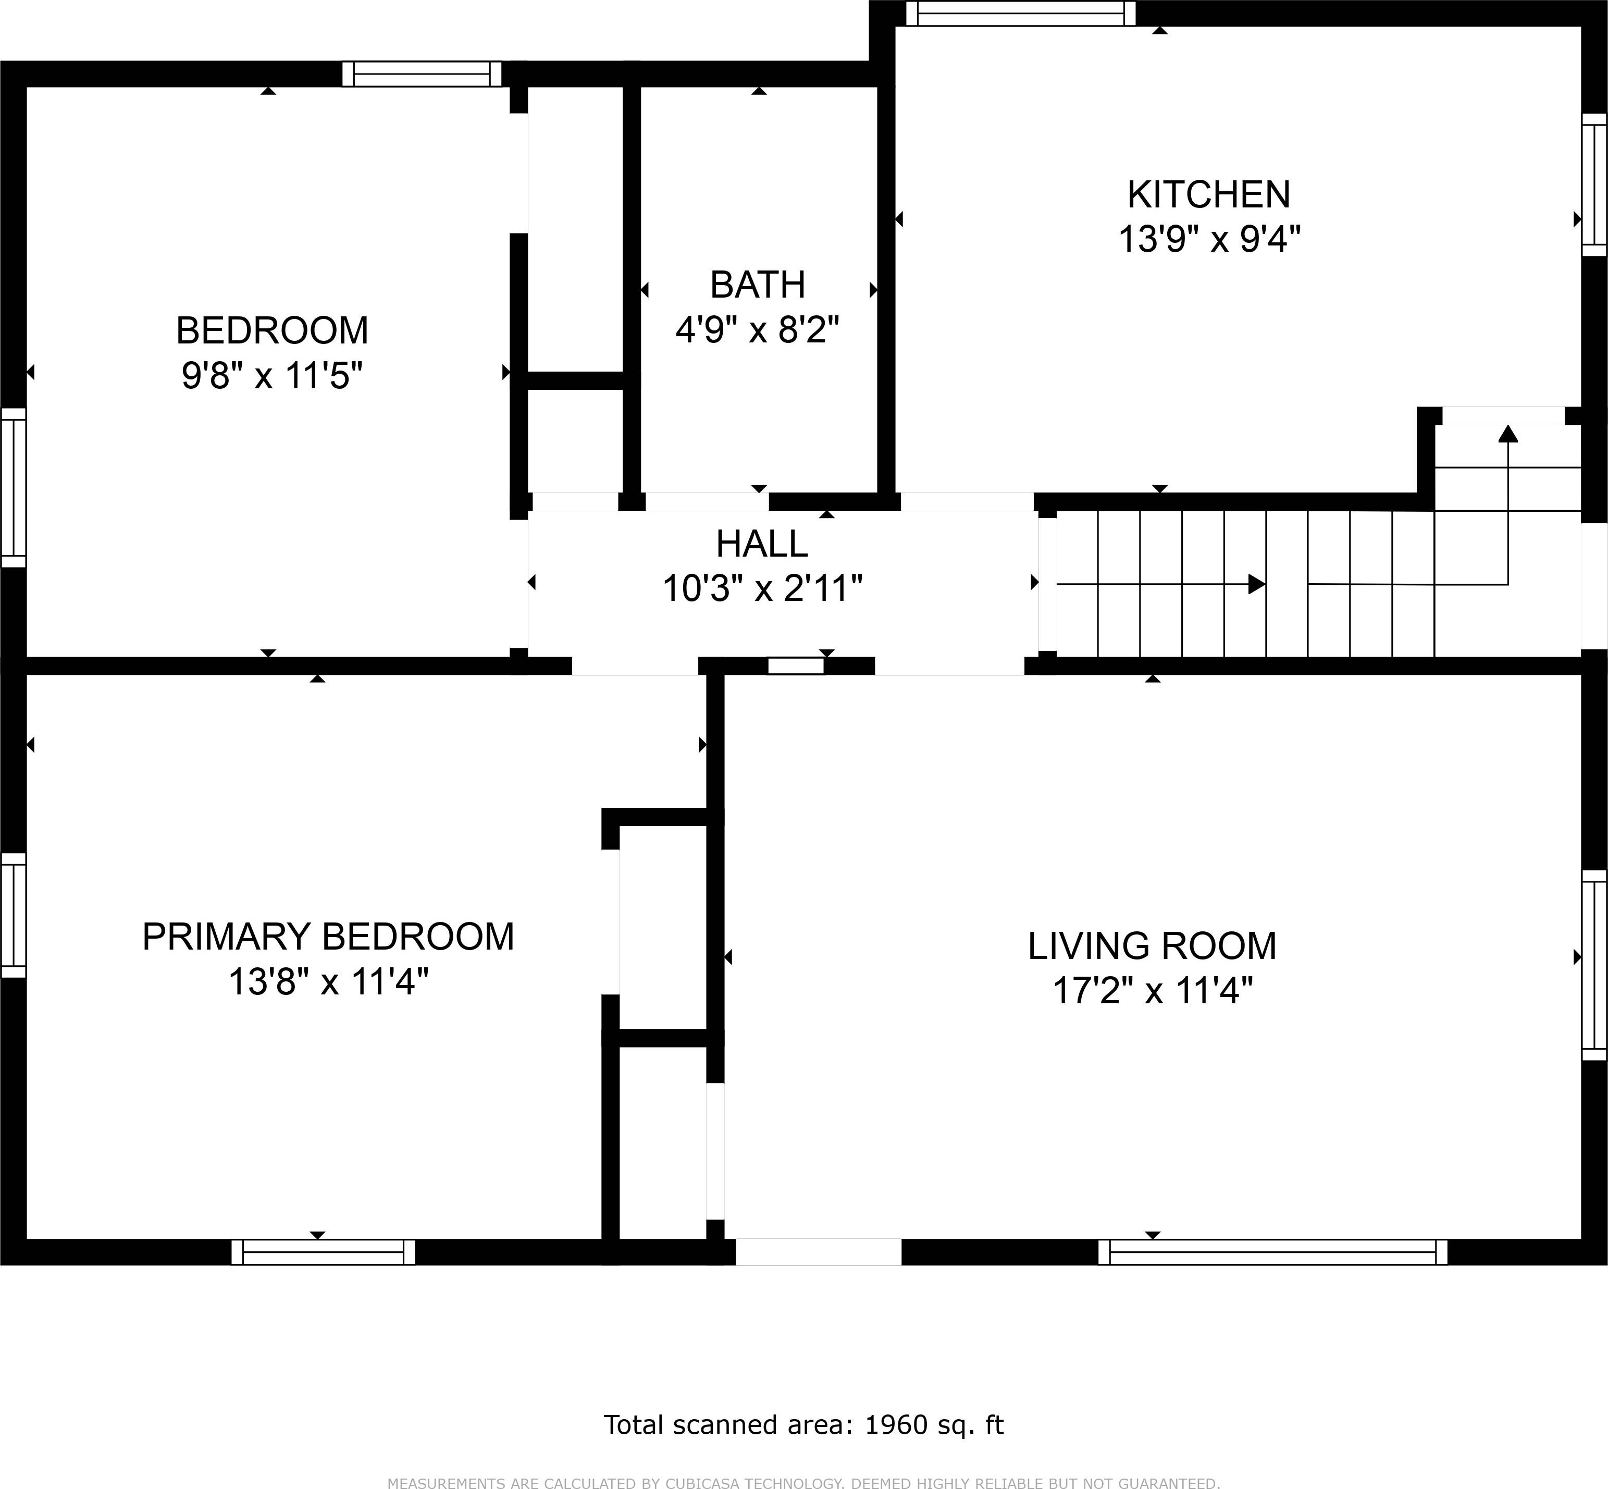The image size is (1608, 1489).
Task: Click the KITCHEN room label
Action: tap(1208, 195)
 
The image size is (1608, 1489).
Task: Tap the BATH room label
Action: tap(757, 285)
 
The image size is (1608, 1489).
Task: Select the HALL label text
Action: tap(762, 545)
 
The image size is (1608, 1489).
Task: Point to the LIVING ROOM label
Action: tap(1152, 946)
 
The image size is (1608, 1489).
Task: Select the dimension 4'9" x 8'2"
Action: tap(757, 330)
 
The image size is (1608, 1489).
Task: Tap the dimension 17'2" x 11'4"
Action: tap(1153, 990)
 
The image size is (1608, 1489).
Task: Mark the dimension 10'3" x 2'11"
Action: tap(762, 589)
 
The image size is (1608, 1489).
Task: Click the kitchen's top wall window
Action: tap(1021, 14)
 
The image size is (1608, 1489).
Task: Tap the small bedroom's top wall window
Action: tap(422, 74)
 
